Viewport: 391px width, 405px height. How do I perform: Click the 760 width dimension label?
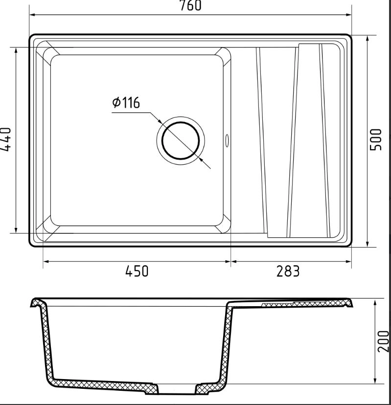(x=190, y=6)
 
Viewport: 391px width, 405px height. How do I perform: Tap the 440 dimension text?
(x=6, y=139)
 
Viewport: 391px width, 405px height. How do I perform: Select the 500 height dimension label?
(x=376, y=139)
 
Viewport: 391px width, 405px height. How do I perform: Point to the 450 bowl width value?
(x=137, y=271)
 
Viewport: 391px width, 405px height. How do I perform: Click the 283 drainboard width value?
(x=288, y=271)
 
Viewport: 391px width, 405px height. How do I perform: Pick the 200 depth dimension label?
(x=383, y=341)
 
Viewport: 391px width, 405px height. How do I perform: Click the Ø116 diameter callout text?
(x=126, y=103)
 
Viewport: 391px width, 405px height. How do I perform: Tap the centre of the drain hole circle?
(x=181, y=141)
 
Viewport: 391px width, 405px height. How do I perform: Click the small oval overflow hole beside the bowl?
(x=227, y=140)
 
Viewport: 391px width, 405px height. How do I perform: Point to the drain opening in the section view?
(x=177, y=389)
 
